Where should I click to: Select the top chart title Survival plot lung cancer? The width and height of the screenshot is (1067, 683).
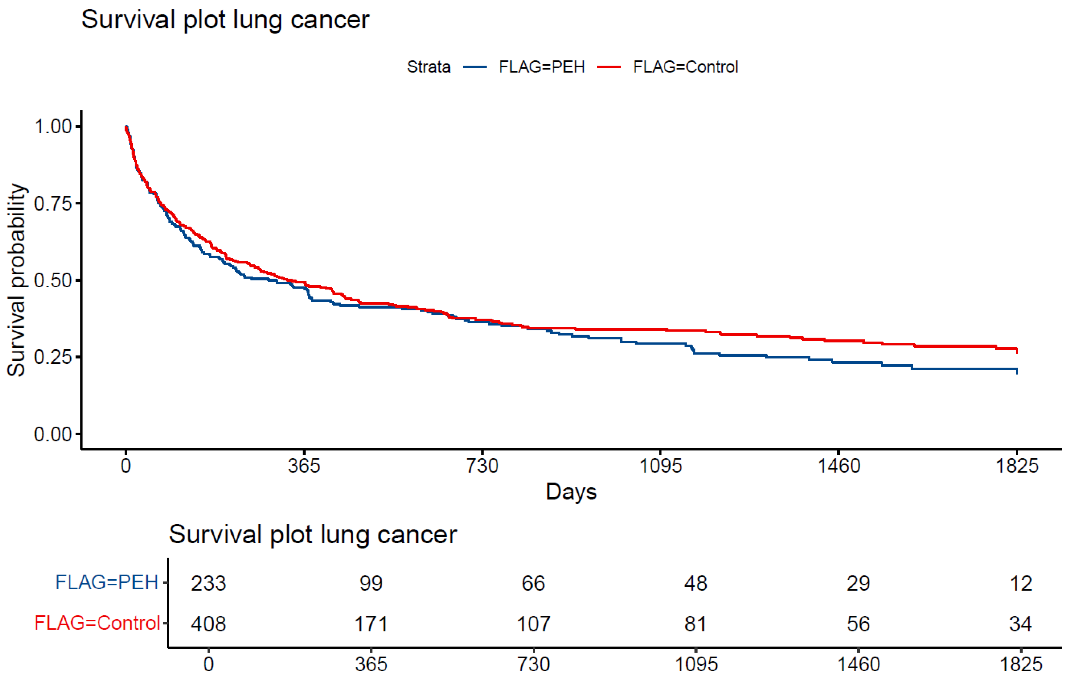[x=225, y=20]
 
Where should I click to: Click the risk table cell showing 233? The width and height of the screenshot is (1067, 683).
[x=208, y=583]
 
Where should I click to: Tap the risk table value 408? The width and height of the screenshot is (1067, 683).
[x=208, y=624]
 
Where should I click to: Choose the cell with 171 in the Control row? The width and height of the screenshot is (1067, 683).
[x=371, y=624]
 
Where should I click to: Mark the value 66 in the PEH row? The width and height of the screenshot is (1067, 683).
[x=533, y=583]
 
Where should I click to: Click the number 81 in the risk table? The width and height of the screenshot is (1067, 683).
[x=695, y=624]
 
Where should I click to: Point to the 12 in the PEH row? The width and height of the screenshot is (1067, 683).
[x=1021, y=583]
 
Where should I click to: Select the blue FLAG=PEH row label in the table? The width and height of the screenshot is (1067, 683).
[x=107, y=582]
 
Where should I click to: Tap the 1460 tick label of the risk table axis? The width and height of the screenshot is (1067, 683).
[x=858, y=664]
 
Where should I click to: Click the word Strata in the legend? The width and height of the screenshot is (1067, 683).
[x=428, y=67]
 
